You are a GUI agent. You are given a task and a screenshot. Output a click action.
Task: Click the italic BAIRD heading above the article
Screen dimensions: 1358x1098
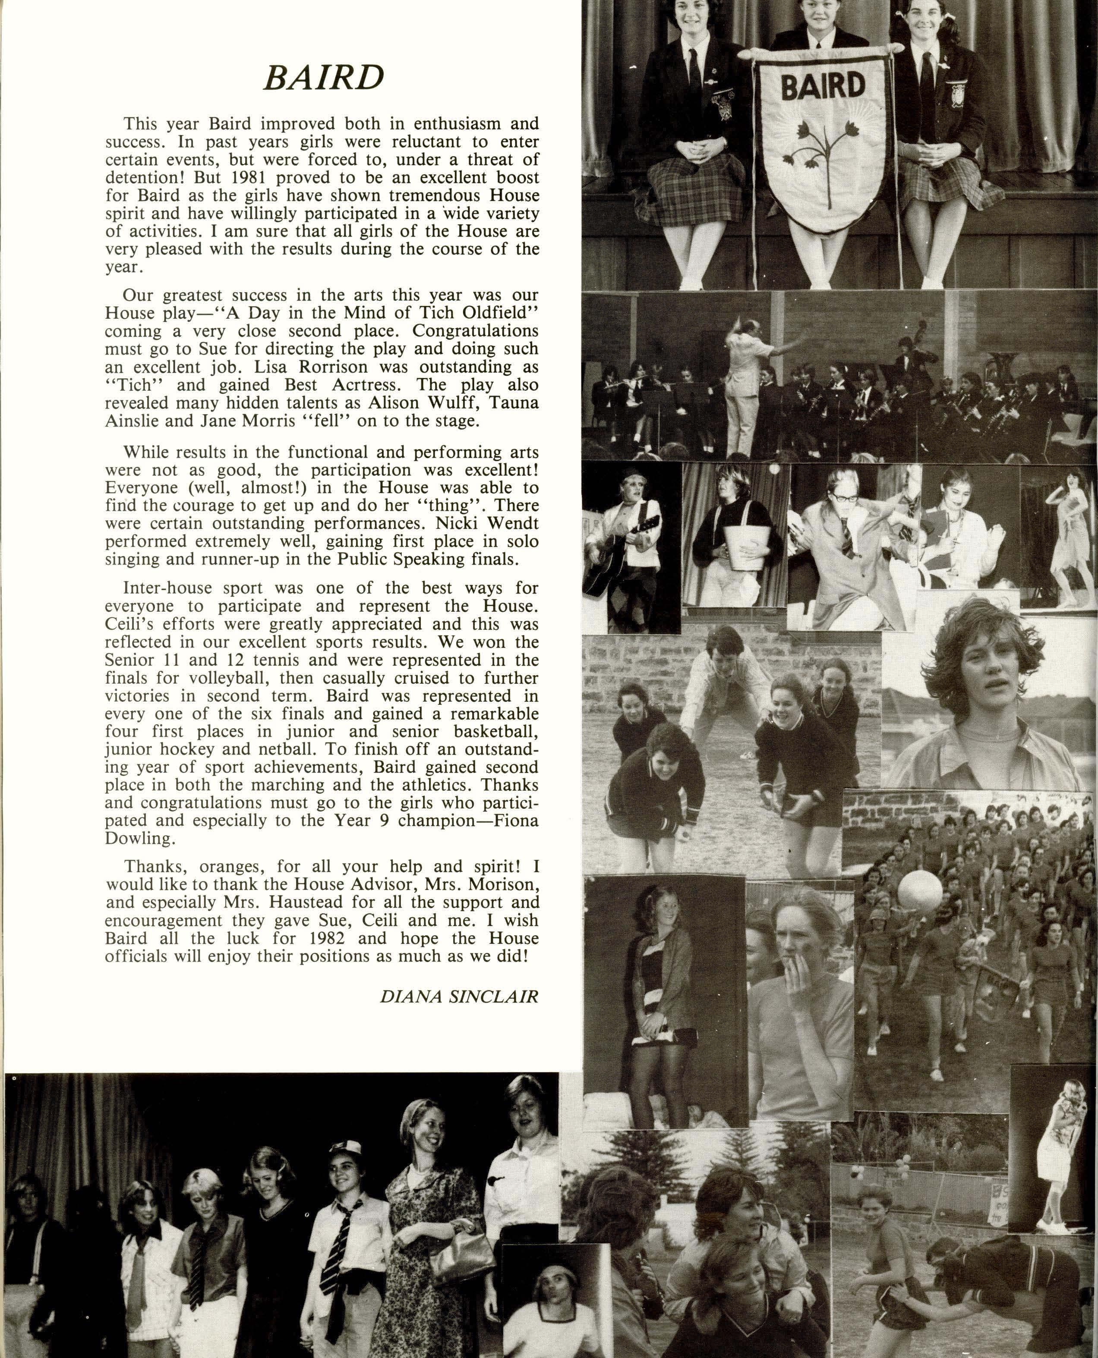click(323, 77)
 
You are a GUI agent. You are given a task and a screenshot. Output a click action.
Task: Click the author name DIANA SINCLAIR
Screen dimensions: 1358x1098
click(459, 997)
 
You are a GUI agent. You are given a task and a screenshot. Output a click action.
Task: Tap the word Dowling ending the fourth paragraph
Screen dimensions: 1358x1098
click(139, 839)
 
